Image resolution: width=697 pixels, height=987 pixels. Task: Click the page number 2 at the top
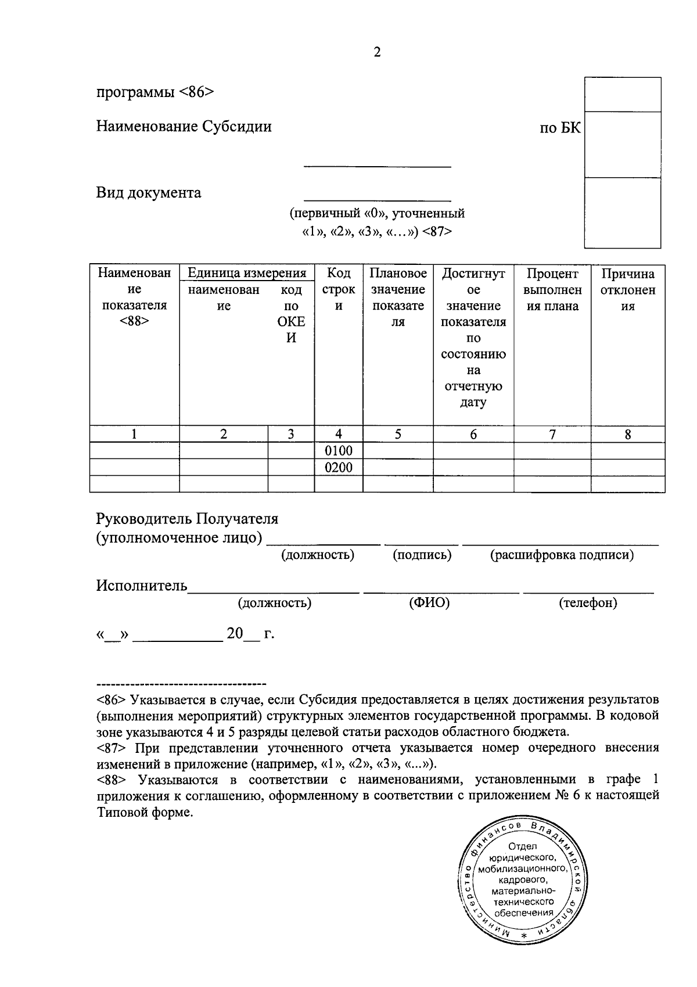point(377,53)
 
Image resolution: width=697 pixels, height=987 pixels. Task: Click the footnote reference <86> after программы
point(197,92)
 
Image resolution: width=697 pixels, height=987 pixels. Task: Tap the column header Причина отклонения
point(628,290)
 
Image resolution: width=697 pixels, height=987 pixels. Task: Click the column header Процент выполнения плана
point(552,290)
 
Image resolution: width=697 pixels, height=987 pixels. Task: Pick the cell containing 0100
point(339,451)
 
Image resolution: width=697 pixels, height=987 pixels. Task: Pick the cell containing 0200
point(339,468)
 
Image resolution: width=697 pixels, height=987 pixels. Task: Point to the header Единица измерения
point(247,273)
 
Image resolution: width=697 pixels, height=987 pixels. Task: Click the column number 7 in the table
point(552,434)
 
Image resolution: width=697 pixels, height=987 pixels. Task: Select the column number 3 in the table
point(291,434)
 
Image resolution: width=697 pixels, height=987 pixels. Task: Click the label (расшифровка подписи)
point(562,555)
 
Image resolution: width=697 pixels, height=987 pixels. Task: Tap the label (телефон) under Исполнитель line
point(588,603)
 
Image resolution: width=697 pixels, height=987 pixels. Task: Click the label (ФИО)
point(429,603)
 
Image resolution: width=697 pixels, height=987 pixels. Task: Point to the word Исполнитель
point(142,586)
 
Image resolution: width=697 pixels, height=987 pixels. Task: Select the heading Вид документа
point(149,193)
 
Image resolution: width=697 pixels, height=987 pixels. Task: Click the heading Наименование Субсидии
point(184,127)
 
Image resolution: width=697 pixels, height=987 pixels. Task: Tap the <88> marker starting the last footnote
point(112,780)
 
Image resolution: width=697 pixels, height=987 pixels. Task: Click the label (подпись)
point(422,555)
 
